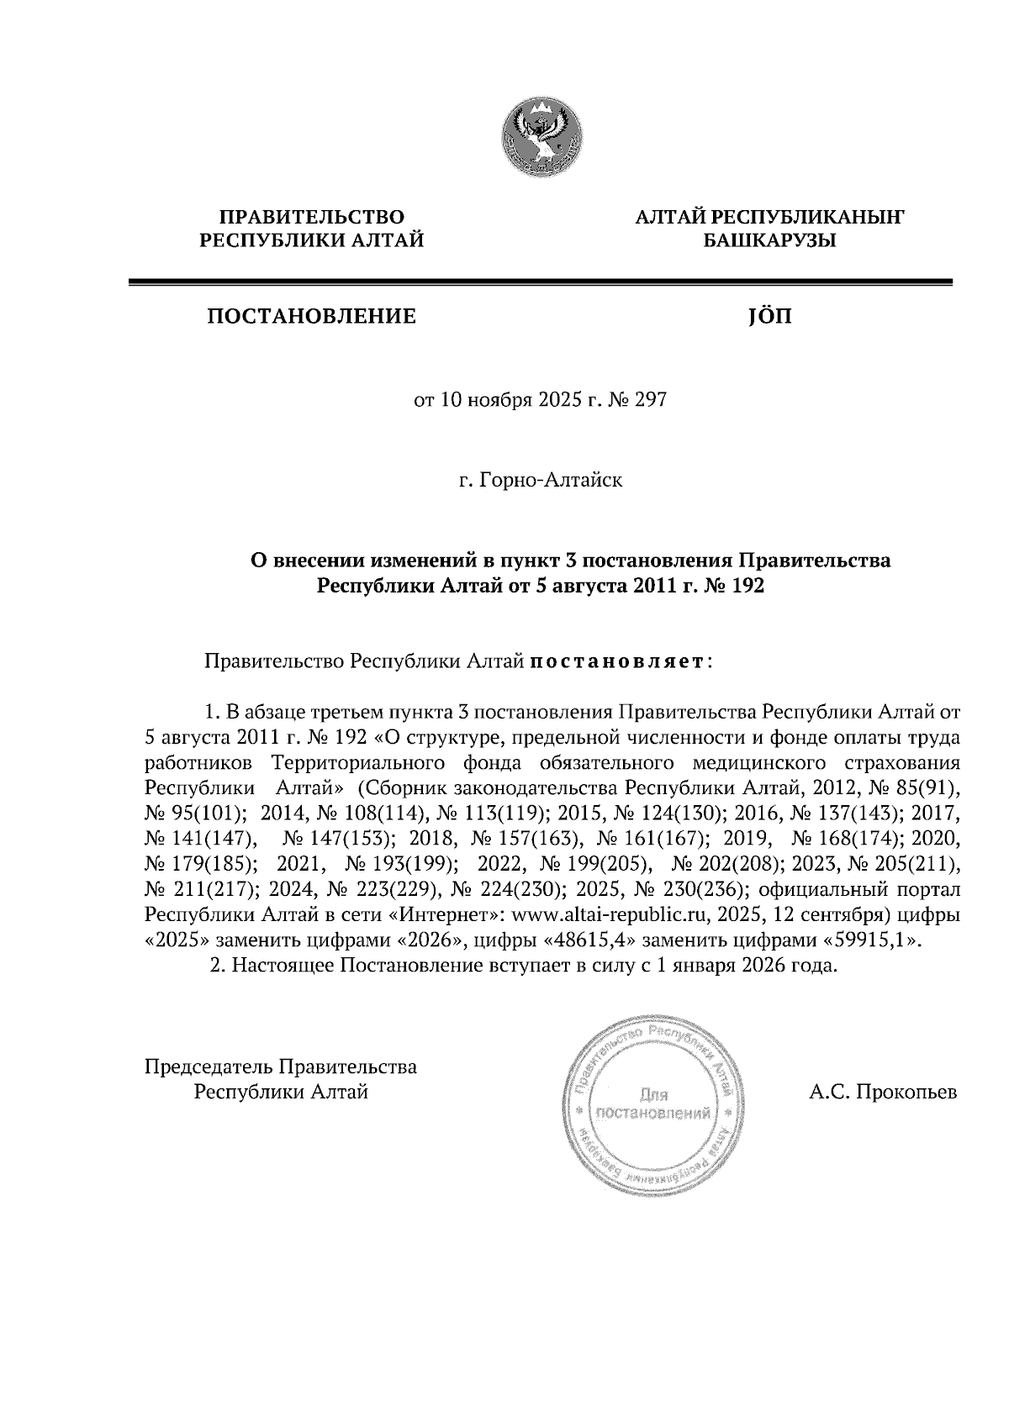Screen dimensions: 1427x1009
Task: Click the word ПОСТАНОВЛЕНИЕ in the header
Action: click(x=312, y=317)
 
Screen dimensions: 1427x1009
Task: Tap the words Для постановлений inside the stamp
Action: click(x=654, y=1105)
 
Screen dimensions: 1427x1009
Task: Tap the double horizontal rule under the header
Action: click(x=540, y=283)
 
